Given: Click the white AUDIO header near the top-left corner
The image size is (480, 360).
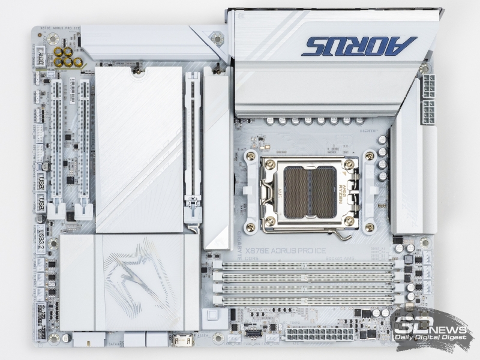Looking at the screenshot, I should (40, 59).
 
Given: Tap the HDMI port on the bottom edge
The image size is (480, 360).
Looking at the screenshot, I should (181, 341).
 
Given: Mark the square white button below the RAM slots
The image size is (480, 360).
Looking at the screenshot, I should (211, 316).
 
